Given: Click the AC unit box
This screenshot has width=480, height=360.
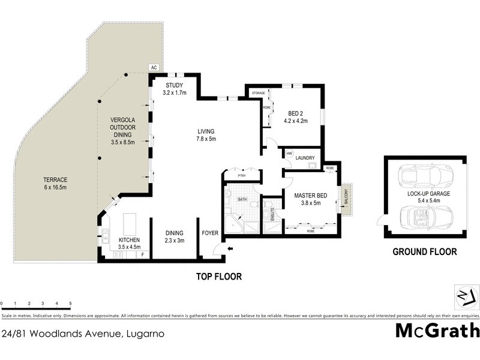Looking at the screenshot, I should tap(154, 68).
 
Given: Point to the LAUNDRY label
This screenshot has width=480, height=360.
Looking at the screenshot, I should tap(305, 158).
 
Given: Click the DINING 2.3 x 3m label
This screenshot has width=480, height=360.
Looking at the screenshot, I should tap(175, 236).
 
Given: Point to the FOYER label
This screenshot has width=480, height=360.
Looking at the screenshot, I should tap(210, 233).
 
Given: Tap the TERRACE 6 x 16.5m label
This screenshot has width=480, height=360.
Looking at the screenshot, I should tap(55, 184).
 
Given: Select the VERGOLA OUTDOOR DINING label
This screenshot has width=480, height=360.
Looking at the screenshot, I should tap(122, 127).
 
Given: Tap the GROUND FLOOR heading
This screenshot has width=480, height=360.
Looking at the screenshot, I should tap(424, 252).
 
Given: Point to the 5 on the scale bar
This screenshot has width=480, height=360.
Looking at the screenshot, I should tap(71, 304).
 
